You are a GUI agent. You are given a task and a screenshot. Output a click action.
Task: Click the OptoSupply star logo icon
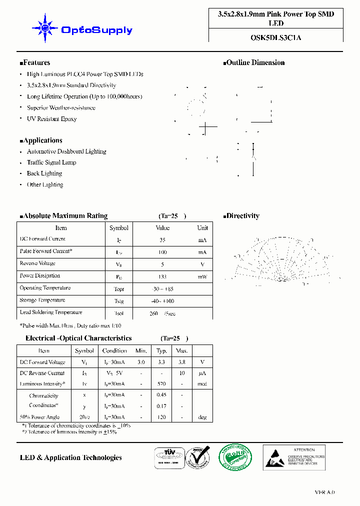44,28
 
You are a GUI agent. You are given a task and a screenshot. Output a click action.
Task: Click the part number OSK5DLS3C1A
276,37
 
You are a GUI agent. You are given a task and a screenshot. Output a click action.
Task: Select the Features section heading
35,63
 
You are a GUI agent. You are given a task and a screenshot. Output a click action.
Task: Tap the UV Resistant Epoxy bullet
51,119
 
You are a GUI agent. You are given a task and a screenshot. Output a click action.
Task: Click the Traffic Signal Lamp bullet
51,162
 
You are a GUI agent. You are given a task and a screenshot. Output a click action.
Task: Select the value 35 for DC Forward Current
162,240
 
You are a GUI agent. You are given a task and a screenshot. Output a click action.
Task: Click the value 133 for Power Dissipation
162,276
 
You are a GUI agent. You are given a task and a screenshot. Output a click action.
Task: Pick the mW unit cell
202,276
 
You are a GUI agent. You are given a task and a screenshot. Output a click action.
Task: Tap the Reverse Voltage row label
37,263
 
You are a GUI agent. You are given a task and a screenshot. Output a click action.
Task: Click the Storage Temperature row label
42,300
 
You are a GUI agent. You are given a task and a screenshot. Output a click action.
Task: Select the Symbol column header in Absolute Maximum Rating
119,228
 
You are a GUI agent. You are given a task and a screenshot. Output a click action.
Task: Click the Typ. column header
162,351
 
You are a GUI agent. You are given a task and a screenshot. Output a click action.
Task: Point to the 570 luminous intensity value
162,384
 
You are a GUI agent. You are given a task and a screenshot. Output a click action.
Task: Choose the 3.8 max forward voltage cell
182,362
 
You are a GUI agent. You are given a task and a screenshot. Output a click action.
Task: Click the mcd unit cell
202,384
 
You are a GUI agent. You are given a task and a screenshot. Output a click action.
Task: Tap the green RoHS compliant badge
235,457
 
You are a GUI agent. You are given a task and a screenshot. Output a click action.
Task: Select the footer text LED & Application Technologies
71,457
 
